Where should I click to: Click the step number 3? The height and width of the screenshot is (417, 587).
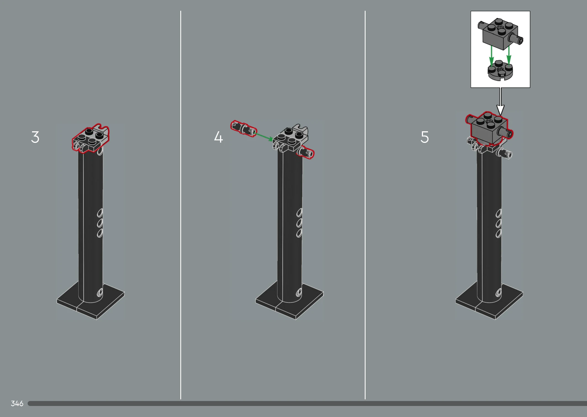coord(35,137)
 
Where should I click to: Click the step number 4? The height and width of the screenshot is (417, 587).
coord(218,137)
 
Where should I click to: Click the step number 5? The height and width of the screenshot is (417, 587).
coord(425,137)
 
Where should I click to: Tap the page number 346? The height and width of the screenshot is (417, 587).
coord(17,403)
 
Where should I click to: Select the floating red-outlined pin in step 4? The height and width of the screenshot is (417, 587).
coord(244,129)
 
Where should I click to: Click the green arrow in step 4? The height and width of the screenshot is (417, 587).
coord(264,137)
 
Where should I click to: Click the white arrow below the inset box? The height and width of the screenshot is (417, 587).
coord(500,101)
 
